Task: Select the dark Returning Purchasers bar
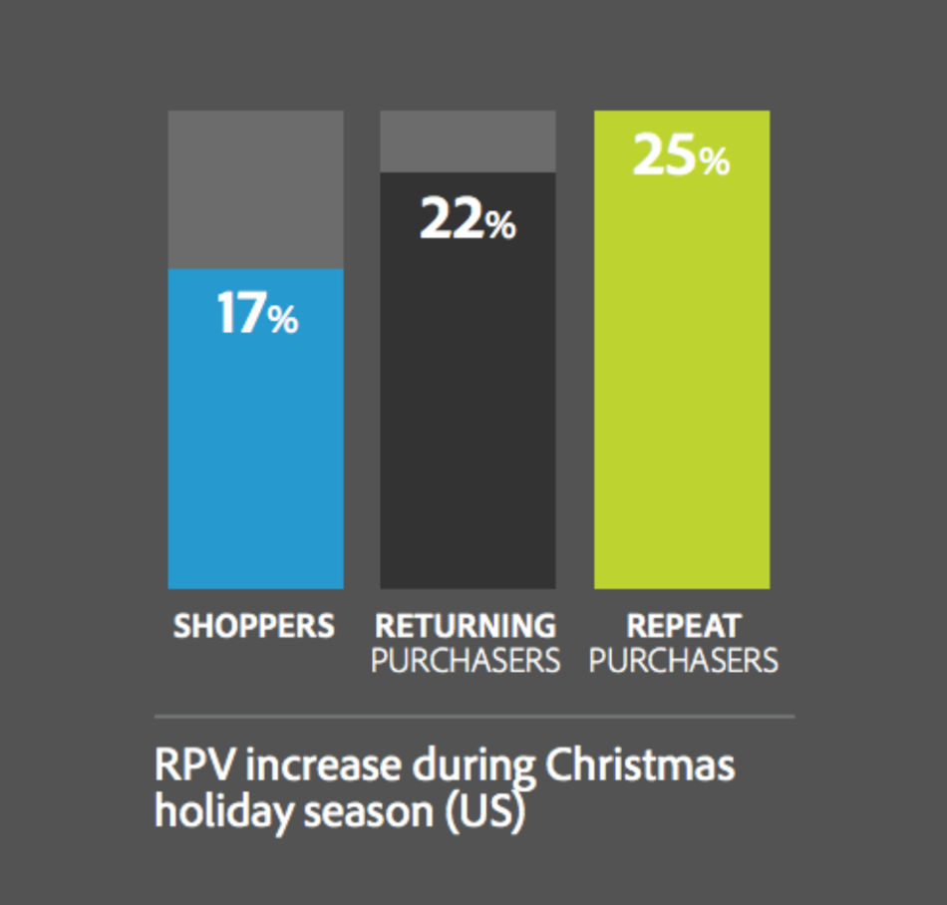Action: tap(468, 419)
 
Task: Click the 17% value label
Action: tap(257, 315)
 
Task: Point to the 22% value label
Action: tap(468, 219)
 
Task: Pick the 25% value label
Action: tap(682, 156)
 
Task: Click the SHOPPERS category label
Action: tap(254, 627)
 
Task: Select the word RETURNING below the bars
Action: tap(466, 627)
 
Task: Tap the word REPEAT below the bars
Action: tap(684, 627)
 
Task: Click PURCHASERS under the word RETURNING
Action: tap(466, 660)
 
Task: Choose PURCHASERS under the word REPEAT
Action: tap(684, 660)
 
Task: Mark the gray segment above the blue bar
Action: tap(255, 189)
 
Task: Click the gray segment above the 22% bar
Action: tap(468, 141)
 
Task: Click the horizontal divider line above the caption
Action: tap(473, 717)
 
